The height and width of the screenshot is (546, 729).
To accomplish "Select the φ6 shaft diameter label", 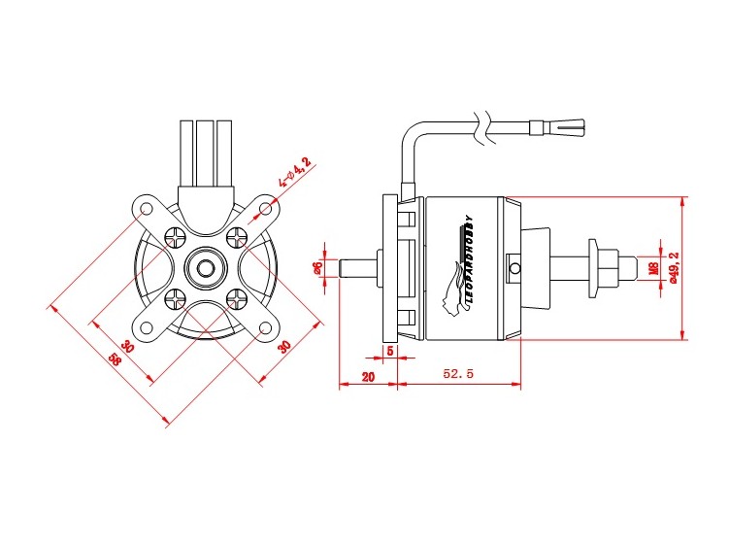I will (x=317, y=268).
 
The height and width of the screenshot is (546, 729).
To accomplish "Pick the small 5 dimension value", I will (x=390, y=350).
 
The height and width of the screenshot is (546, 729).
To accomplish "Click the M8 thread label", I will (x=653, y=267).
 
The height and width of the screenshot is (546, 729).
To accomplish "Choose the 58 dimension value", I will (x=115, y=361).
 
